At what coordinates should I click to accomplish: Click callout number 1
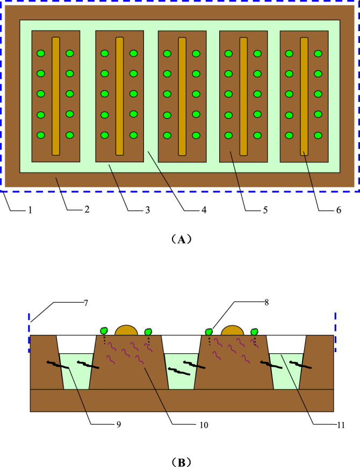click(x=31, y=210)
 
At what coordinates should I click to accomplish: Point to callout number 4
click(x=204, y=210)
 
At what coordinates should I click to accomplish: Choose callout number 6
click(x=339, y=210)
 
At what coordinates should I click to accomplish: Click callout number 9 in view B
click(x=119, y=424)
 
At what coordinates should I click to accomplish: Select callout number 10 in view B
click(x=204, y=424)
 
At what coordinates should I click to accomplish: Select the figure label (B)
click(x=181, y=461)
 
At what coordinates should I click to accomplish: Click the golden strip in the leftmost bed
click(x=56, y=96)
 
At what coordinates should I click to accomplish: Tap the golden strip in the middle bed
click(x=182, y=96)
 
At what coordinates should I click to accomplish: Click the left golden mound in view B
click(x=127, y=331)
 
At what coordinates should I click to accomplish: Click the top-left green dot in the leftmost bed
click(x=41, y=53)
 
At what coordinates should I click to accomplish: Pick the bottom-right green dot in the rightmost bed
click(x=318, y=135)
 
